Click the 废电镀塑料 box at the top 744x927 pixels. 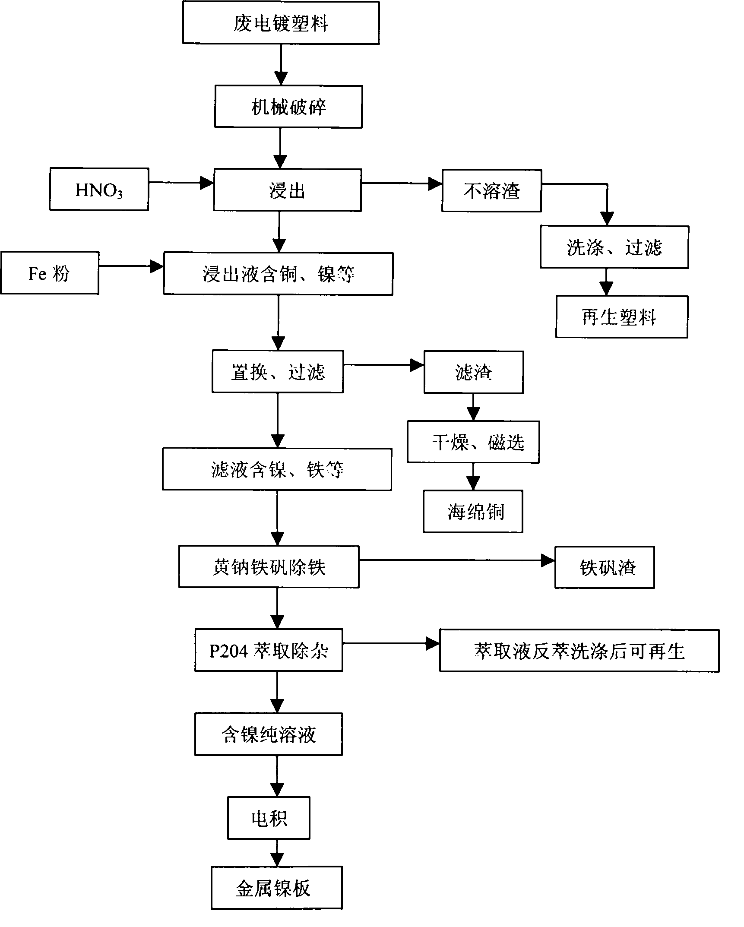[281, 22]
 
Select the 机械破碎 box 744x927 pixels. [288, 107]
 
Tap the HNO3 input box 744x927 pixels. [99, 190]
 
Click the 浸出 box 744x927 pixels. [287, 190]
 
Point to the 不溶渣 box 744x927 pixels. [491, 191]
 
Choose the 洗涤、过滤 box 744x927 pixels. [614, 247]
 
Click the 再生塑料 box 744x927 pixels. [621, 317]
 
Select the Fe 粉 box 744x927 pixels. [49, 273]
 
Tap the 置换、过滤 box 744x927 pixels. [277, 372]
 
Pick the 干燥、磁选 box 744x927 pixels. [473, 442]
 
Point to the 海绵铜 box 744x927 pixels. [473, 512]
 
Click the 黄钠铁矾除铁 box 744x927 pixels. [269, 567]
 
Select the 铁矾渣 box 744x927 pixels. [604, 567]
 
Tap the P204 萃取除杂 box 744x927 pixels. [268, 650]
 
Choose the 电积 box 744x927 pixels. [269, 819]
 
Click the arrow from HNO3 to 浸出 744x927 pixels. [181, 183]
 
